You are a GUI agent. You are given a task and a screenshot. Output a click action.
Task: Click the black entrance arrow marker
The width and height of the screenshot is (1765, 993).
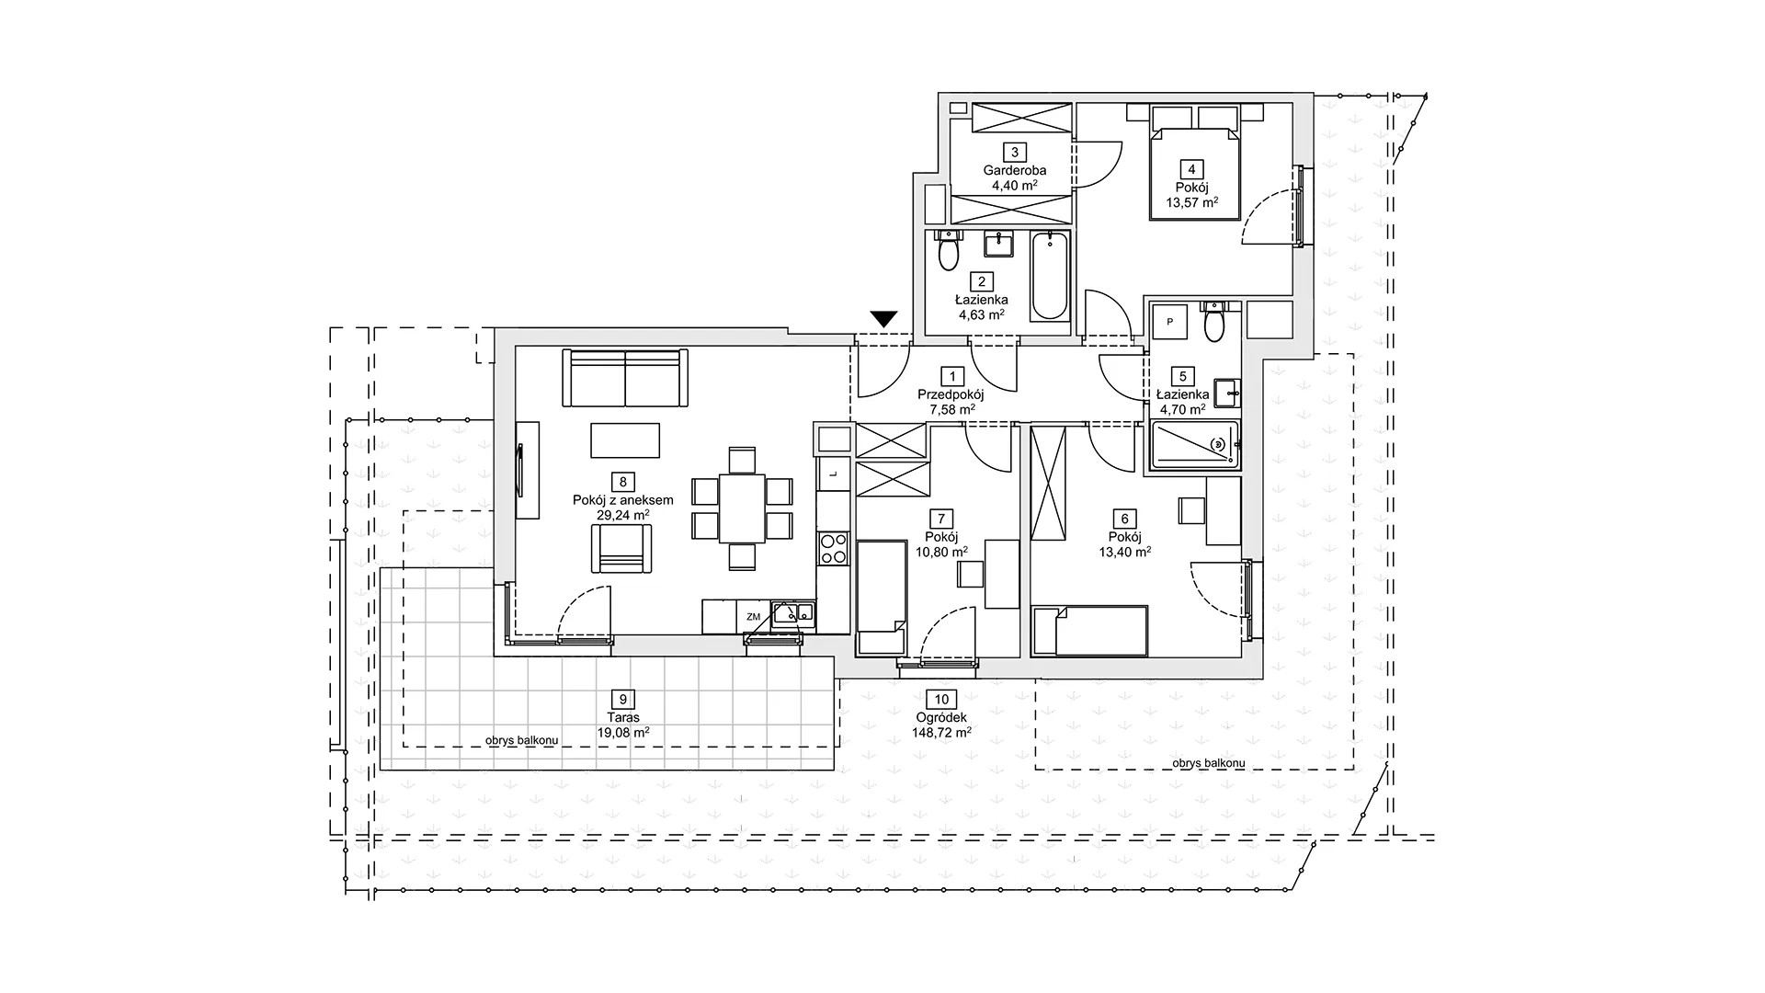(883, 319)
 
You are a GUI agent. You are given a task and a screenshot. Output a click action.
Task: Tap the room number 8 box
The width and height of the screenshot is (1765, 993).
(623, 482)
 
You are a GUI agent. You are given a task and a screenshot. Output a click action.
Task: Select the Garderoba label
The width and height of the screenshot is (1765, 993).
(1015, 170)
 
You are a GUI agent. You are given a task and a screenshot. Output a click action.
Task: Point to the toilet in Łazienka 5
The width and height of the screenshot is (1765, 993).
(1214, 321)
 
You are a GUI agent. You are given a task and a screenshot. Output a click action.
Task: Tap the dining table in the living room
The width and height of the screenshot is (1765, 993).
(742, 508)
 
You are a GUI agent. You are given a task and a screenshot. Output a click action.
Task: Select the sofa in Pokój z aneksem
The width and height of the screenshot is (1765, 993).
(625, 378)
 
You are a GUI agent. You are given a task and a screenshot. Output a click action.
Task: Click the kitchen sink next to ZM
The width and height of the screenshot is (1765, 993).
(792, 612)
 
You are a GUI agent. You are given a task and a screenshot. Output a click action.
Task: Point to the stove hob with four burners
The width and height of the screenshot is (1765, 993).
(834, 549)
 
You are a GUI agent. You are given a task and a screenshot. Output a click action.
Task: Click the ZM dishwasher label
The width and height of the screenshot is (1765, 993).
(754, 617)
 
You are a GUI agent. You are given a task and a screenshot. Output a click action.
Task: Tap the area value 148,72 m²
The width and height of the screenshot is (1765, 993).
(940, 733)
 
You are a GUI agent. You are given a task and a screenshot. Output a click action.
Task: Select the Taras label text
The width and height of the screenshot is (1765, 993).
(623, 717)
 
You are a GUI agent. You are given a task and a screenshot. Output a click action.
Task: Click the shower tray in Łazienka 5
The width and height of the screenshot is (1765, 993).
(1194, 446)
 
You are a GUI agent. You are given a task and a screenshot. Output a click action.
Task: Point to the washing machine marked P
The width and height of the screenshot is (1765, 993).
(1170, 322)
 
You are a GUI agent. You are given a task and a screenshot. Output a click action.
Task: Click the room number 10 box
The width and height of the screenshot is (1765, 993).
(940, 699)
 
